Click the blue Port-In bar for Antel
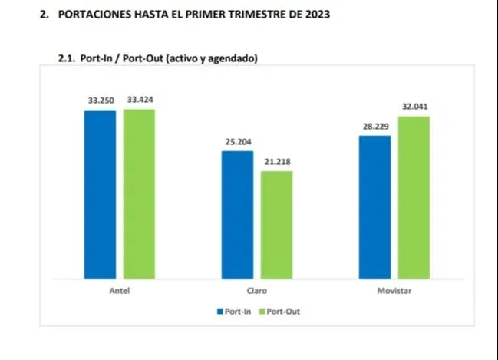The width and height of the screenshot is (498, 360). (100, 193)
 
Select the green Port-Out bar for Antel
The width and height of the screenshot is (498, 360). (139, 193)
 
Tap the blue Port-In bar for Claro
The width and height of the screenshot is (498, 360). (237, 214)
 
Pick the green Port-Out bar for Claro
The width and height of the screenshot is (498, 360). (276, 224)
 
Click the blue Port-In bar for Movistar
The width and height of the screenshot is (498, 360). (374, 206)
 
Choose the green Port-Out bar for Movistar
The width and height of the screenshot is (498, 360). (414, 197)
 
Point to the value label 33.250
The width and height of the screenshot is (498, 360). (100, 101)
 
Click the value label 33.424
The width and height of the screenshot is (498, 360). (140, 99)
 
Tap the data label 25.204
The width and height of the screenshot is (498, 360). (237, 142)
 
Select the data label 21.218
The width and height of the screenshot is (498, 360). (277, 161)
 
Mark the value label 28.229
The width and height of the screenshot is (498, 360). (375, 126)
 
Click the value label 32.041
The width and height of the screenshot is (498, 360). (414, 107)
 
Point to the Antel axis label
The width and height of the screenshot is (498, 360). (119, 292)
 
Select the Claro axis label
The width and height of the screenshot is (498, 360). (257, 292)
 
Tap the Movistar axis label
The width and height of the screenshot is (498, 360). (394, 292)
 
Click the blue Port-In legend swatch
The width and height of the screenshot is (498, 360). (219, 312)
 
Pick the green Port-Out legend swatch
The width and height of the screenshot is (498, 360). (261, 312)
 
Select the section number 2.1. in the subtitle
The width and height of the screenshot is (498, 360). (68, 58)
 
